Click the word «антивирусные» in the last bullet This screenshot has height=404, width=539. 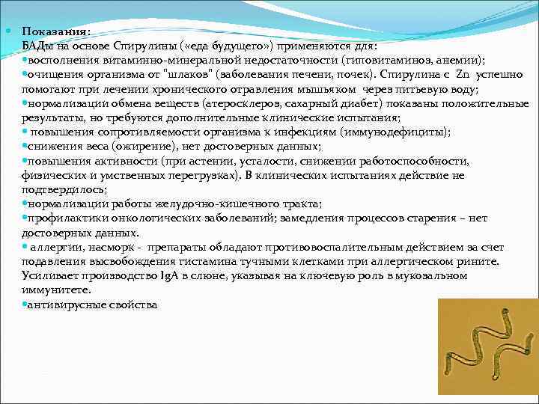pyautogui.click(x=62, y=304)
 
